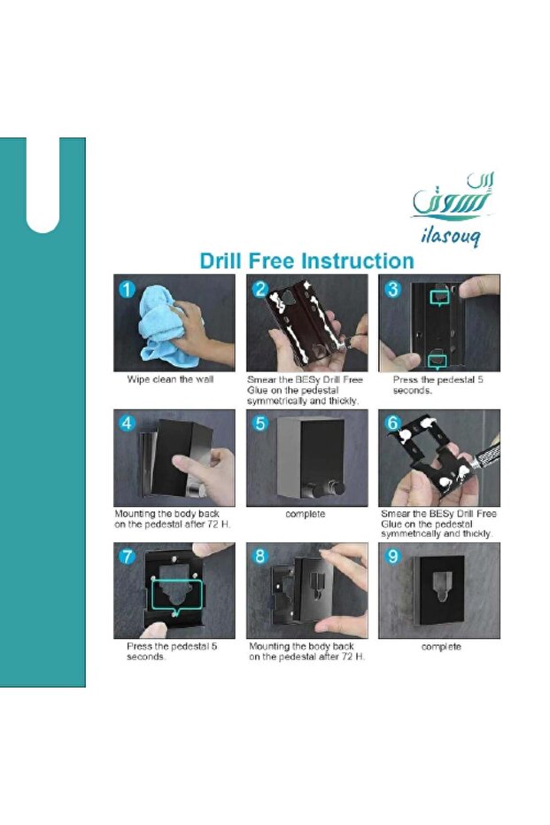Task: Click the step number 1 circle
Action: pyautogui.click(x=127, y=289)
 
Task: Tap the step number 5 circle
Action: pyautogui.click(x=260, y=423)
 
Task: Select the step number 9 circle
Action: pyautogui.click(x=392, y=556)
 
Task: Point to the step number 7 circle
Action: pyautogui.click(x=127, y=556)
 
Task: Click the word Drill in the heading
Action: pyautogui.click(x=221, y=261)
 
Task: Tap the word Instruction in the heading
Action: pyautogui.click(x=358, y=261)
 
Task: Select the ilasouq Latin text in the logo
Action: pyautogui.click(x=450, y=237)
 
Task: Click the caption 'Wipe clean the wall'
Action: pyautogui.click(x=170, y=379)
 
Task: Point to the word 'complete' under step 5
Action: pyautogui.click(x=305, y=514)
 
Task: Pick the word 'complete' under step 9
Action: pyautogui.click(x=441, y=647)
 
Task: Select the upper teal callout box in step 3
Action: pyautogui.click(x=439, y=298)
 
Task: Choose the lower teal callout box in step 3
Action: pyautogui.click(x=437, y=361)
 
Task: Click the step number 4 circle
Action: pyautogui.click(x=127, y=423)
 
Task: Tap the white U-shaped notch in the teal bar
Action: pyautogui.click(x=43, y=185)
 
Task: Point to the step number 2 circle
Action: pyautogui.click(x=260, y=289)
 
